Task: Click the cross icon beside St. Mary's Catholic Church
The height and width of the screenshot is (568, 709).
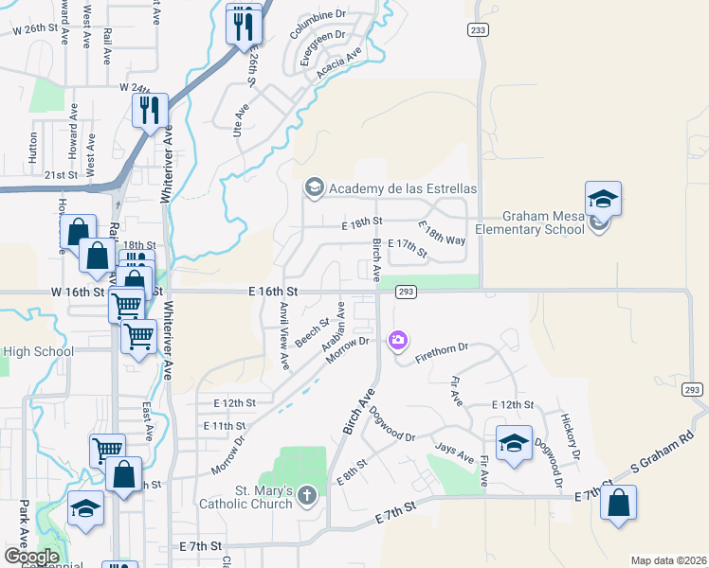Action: tap(306, 495)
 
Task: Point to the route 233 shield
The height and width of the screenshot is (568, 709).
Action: tap(478, 30)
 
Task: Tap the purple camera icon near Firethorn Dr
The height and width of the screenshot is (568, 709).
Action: tap(398, 339)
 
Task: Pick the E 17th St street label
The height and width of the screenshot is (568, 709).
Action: tap(408, 244)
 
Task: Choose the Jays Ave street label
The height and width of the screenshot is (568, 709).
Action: tap(454, 452)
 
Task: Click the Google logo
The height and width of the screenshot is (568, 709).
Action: tap(31, 556)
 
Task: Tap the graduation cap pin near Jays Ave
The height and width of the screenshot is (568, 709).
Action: tap(514, 442)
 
